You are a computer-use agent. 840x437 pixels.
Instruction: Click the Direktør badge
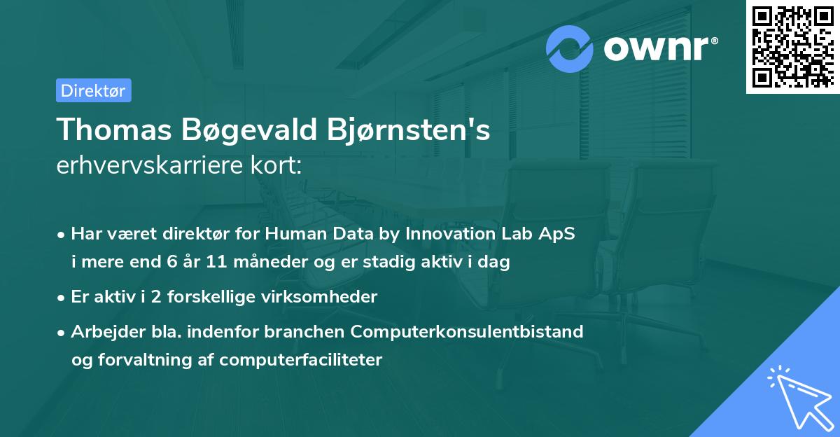tap(93, 90)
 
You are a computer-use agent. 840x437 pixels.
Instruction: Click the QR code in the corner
tap(792, 47)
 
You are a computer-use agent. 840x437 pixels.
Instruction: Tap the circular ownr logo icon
tap(570, 48)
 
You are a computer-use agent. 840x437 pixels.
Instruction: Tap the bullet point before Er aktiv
tap(62, 298)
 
